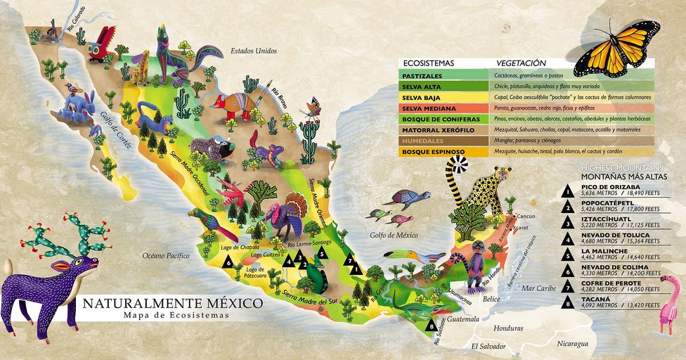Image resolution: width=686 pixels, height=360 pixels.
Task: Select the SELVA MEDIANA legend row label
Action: coord(429,108)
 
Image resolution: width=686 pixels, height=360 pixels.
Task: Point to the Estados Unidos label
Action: coord(254,51)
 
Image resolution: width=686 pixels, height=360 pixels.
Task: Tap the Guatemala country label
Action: coord(460,319)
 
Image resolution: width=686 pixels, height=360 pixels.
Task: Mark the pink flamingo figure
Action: coord(668,302)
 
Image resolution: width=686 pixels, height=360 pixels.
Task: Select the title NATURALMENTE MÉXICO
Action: coord(173,304)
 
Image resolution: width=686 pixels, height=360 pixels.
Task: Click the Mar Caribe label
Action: coord(539,288)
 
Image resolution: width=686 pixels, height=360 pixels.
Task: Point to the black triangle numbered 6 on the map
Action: coord(227,262)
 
